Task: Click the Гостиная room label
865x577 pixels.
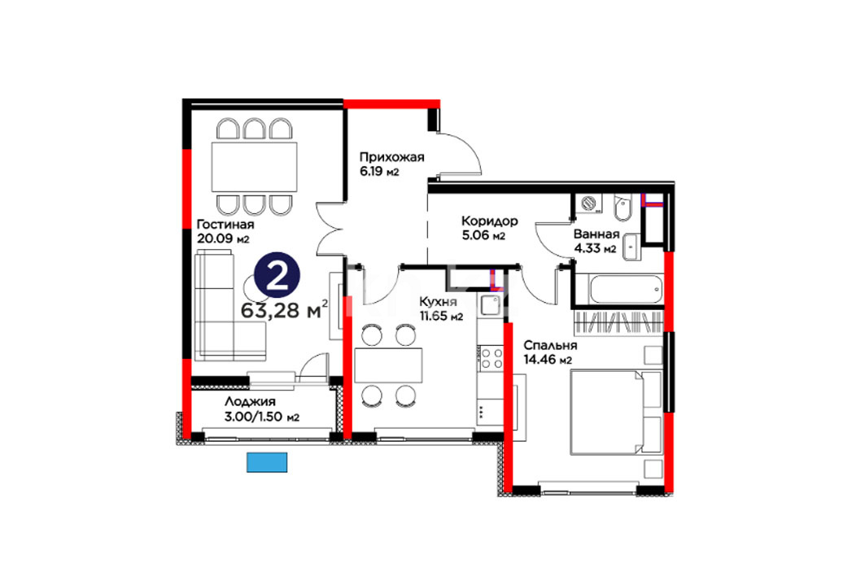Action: (x=225, y=225)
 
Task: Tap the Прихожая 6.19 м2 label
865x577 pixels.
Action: (x=391, y=164)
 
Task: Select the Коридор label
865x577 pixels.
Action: (x=489, y=221)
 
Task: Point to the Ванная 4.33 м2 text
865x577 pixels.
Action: (x=596, y=242)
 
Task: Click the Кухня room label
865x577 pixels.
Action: (x=438, y=302)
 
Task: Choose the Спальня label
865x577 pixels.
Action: (x=550, y=346)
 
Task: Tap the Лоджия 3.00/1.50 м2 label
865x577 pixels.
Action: (x=261, y=409)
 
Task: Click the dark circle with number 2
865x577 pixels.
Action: (x=277, y=275)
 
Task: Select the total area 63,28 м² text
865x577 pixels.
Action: (x=285, y=310)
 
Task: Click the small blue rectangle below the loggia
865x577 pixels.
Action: (x=267, y=462)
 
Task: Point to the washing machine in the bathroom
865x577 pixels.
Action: (x=588, y=203)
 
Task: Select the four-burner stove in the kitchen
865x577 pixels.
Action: (x=491, y=357)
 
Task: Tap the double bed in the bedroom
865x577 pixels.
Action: (x=615, y=413)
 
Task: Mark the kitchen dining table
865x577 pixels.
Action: (x=388, y=365)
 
